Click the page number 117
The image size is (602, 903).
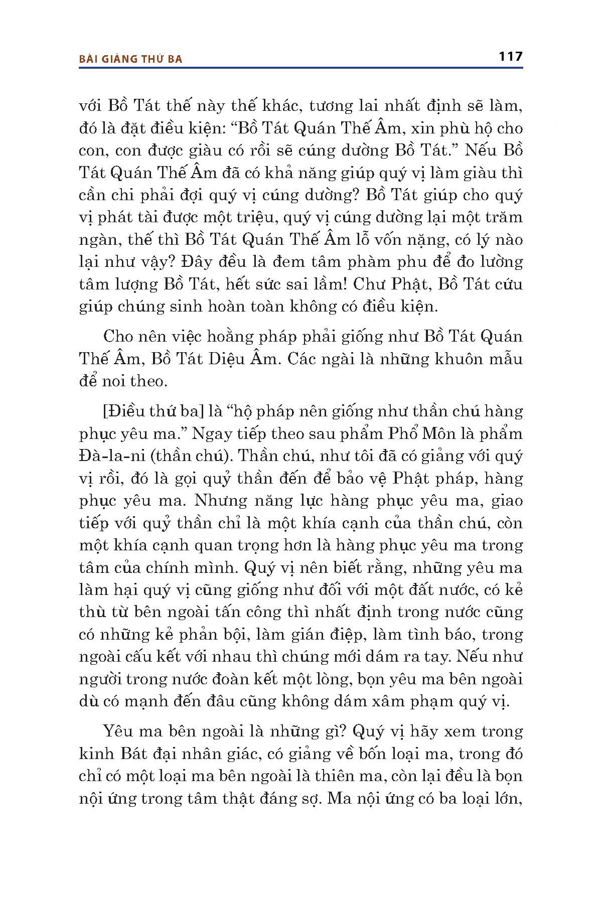(510, 57)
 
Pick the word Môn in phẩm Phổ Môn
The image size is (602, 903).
(446, 433)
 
